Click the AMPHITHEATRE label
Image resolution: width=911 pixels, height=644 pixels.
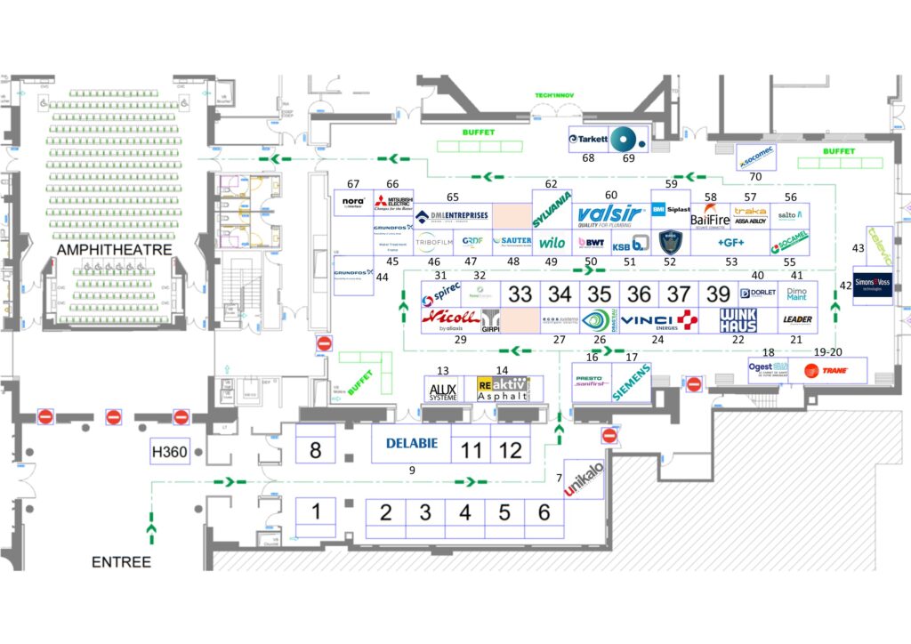[x=115, y=251]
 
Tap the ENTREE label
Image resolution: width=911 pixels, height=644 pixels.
[x=121, y=561]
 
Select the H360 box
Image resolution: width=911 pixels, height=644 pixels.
[x=170, y=452]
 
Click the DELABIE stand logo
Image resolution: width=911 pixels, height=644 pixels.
[x=411, y=443]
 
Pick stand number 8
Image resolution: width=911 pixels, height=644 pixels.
[x=315, y=451]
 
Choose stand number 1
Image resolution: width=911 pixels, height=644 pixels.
[x=315, y=511]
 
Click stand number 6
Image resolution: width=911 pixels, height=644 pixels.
[x=544, y=513]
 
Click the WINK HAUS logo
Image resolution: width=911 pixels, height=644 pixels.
[x=738, y=320]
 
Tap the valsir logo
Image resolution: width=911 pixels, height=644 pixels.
[x=610, y=215]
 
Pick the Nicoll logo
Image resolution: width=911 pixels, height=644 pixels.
[x=450, y=318]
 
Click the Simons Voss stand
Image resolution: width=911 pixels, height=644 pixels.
[x=873, y=285]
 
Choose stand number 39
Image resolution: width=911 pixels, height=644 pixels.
[x=718, y=294]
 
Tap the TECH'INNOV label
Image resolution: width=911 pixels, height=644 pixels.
[x=557, y=95]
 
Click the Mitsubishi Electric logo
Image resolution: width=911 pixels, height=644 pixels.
[x=393, y=204]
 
